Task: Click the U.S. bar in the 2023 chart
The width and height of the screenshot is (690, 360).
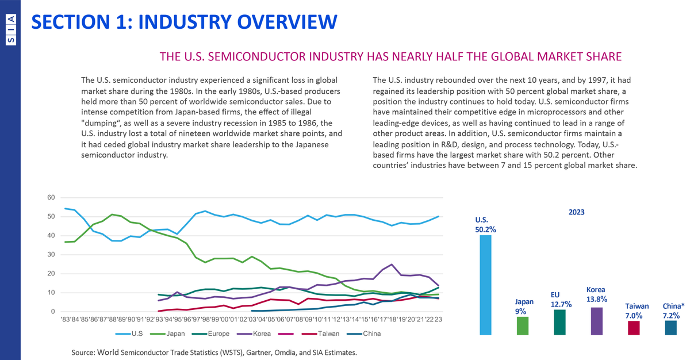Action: pyautogui.click(x=485, y=285)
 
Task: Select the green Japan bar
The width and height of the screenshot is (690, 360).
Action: pyautogui.click(x=522, y=325)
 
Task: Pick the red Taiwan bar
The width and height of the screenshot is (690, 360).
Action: pyautogui.click(x=634, y=327)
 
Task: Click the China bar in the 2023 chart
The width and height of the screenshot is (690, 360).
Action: pyautogui.click(x=670, y=327)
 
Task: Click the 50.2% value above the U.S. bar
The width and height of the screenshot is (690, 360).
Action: pyautogui.click(x=485, y=228)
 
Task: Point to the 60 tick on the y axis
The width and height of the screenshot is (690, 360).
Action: pyautogui.click(x=51, y=198)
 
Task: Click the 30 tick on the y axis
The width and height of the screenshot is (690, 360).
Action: pyautogui.click(x=51, y=255)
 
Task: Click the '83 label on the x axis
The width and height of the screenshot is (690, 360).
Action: pyautogui.click(x=66, y=319)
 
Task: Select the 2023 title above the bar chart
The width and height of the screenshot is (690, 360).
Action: pyautogui.click(x=576, y=212)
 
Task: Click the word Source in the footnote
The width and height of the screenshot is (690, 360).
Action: pyautogui.click(x=83, y=351)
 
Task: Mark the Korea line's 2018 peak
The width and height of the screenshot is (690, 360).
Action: pyautogui.click(x=392, y=265)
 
